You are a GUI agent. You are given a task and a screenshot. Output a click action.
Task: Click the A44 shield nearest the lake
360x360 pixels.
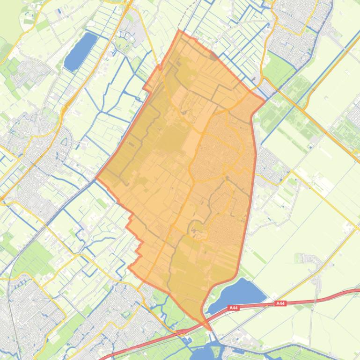point(234,308)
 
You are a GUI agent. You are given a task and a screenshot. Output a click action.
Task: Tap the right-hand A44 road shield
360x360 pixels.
point(280,303)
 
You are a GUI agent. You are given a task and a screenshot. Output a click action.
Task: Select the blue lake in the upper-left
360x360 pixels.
point(81,50)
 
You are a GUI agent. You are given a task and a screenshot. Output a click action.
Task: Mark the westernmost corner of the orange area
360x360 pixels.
point(96,178)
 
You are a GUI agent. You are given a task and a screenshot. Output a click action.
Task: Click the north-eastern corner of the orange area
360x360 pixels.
point(265,100)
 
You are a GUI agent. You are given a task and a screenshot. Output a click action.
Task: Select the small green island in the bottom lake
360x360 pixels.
point(216,348)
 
